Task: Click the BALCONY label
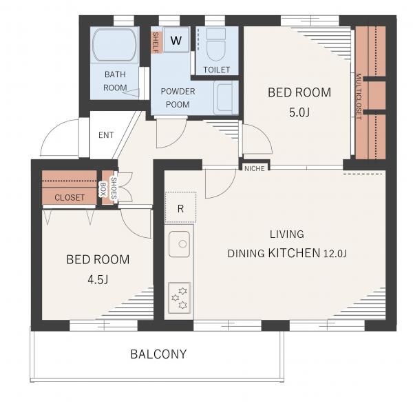click(158, 354)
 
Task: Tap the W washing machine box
click(176, 39)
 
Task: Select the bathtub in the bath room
click(114, 45)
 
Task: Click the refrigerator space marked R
click(180, 208)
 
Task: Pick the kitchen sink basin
click(180, 244)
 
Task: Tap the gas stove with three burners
click(180, 298)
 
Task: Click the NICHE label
click(255, 168)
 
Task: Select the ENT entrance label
click(106, 135)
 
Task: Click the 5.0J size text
click(299, 112)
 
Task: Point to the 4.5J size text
click(98, 279)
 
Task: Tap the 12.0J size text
click(335, 254)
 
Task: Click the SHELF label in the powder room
click(156, 43)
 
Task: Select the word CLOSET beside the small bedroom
click(70, 197)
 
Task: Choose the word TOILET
click(217, 70)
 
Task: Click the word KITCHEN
click(294, 252)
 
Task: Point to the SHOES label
click(114, 188)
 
